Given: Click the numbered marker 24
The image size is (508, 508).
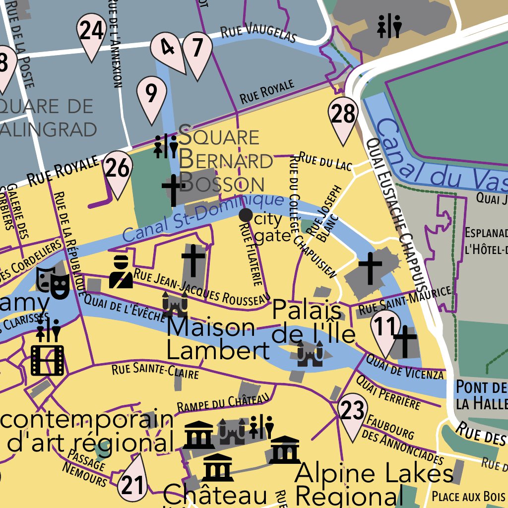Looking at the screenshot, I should [x=92, y=32].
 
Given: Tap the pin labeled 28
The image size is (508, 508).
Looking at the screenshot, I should [x=343, y=116].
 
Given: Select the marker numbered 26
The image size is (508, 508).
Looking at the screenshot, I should [x=118, y=170].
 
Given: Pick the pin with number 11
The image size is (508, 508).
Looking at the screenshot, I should [x=385, y=328].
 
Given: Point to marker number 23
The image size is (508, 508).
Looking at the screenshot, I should [x=353, y=411].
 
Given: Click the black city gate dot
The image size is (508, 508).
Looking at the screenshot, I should [x=246, y=215].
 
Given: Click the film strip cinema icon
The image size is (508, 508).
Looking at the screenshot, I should [x=47, y=360].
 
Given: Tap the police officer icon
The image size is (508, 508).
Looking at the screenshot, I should [x=121, y=272].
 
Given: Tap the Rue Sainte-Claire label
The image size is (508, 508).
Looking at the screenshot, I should [x=155, y=370].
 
